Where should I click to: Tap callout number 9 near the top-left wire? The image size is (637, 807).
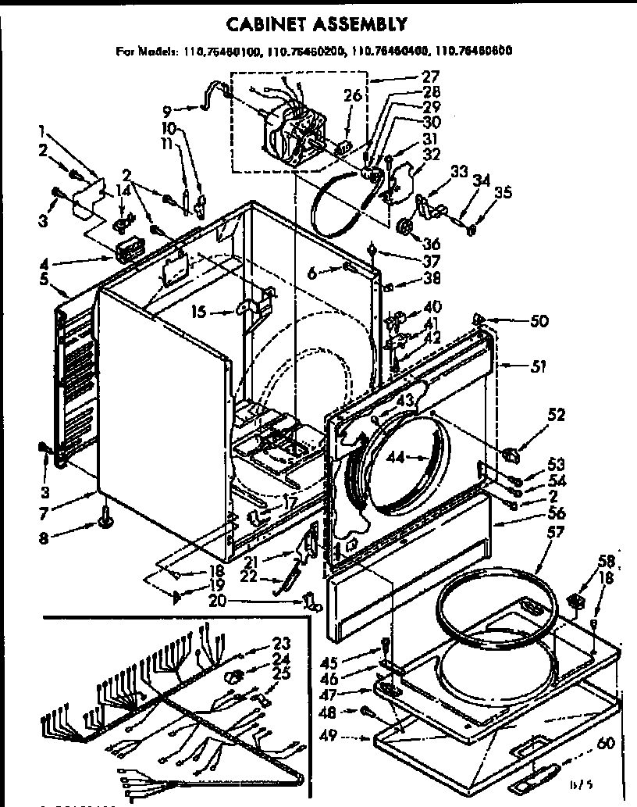(x=167, y=109)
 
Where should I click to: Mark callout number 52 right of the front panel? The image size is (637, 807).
(x=556, y=415)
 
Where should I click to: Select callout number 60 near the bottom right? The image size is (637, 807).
(x=606, y=743)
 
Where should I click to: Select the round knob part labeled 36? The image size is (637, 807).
(x=406, y=227)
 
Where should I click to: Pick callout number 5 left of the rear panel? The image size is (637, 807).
(x=44, y=278)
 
